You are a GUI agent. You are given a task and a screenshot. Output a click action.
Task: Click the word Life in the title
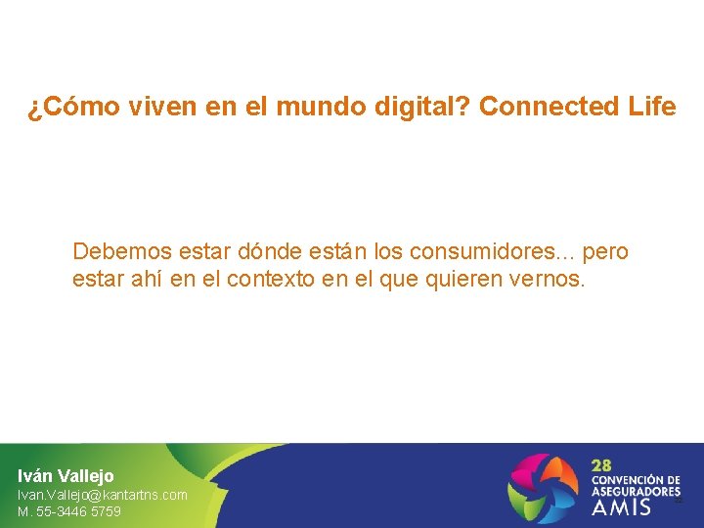651,108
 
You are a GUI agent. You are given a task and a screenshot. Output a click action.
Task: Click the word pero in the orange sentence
605,252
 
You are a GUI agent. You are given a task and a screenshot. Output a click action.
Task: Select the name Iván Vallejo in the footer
66,476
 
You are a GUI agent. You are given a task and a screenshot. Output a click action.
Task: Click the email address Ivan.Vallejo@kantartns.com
103,495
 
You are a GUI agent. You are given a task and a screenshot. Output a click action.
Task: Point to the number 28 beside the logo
603,464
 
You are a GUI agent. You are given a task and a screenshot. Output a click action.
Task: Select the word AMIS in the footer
621,508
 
